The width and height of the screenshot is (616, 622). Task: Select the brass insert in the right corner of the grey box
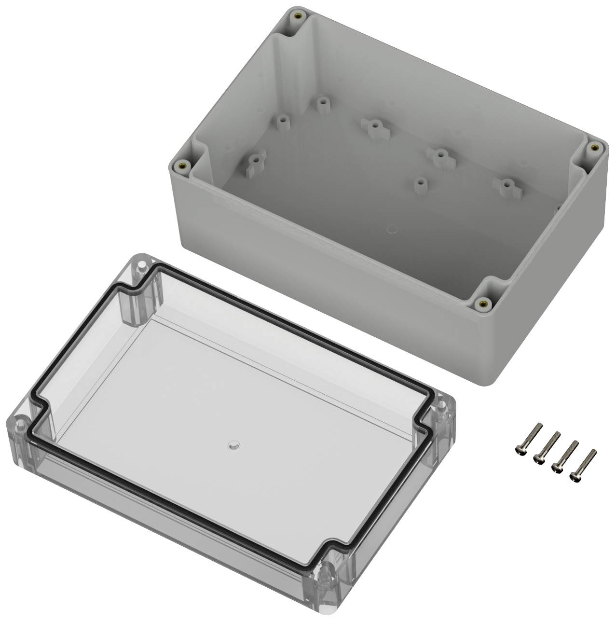pyautogui.click(x=594, y=148)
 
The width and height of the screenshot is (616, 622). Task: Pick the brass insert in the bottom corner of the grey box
pyautogui.click(x=484, y=303)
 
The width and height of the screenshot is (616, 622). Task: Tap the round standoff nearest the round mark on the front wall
pyautogui.click(x=421, y=184)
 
